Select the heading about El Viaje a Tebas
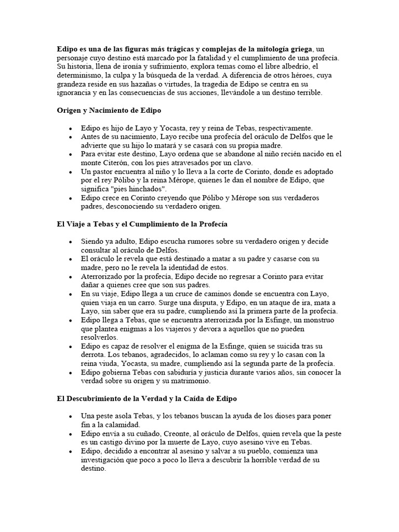pos(142,224)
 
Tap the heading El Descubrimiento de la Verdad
pos(147,398)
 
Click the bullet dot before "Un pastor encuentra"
pos(70,171)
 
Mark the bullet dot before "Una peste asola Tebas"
pos(70,417)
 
